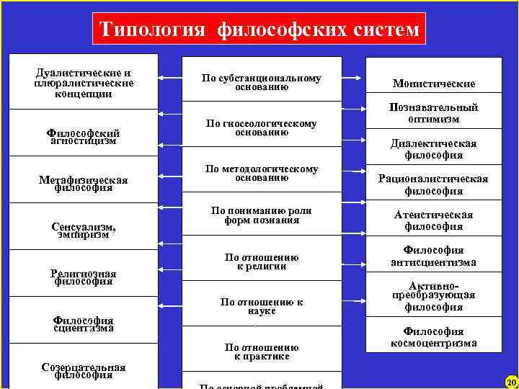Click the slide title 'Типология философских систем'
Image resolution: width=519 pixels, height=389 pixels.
point(259,30)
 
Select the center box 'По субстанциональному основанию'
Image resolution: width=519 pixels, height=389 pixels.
point(261,82)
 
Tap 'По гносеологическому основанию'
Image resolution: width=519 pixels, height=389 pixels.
point(261,128)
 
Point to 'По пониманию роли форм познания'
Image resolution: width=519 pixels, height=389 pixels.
point(261,215)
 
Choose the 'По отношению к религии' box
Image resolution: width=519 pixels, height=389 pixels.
point(261,261)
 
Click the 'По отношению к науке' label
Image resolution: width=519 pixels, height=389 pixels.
point(261,307)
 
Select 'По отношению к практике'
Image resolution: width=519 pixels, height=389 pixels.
point(261,352)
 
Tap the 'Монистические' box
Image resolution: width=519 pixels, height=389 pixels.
point(434,84)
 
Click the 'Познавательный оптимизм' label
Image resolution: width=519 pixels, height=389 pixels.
point(434,113)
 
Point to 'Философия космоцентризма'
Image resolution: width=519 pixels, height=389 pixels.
point(434,337)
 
